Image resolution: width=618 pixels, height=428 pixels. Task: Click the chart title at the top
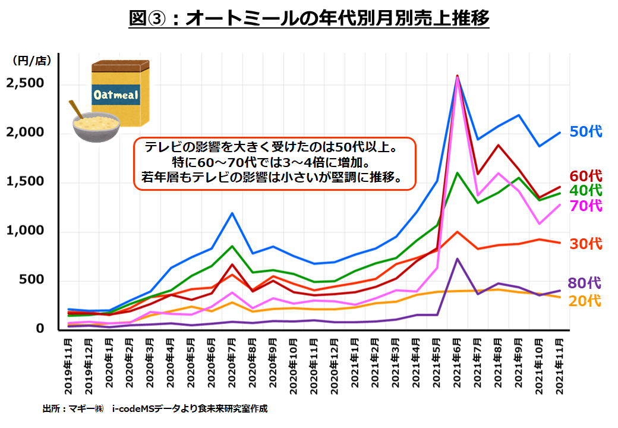309,19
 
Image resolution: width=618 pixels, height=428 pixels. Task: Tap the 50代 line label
586,132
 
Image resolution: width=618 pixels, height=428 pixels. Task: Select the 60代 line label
586,176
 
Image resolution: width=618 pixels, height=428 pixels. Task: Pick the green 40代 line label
586,190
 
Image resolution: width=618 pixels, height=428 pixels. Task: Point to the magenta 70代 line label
586,206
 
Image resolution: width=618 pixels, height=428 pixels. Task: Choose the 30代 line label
586,244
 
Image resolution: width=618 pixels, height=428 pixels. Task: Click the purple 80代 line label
586,283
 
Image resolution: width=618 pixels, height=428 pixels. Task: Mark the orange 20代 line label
586,301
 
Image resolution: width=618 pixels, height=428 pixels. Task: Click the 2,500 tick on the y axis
25,83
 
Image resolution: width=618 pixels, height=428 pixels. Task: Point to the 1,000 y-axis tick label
25,231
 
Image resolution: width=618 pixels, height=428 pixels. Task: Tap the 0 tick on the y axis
40,329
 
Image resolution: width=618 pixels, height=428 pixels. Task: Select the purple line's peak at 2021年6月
457,259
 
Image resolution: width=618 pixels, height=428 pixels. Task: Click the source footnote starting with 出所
155,409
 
